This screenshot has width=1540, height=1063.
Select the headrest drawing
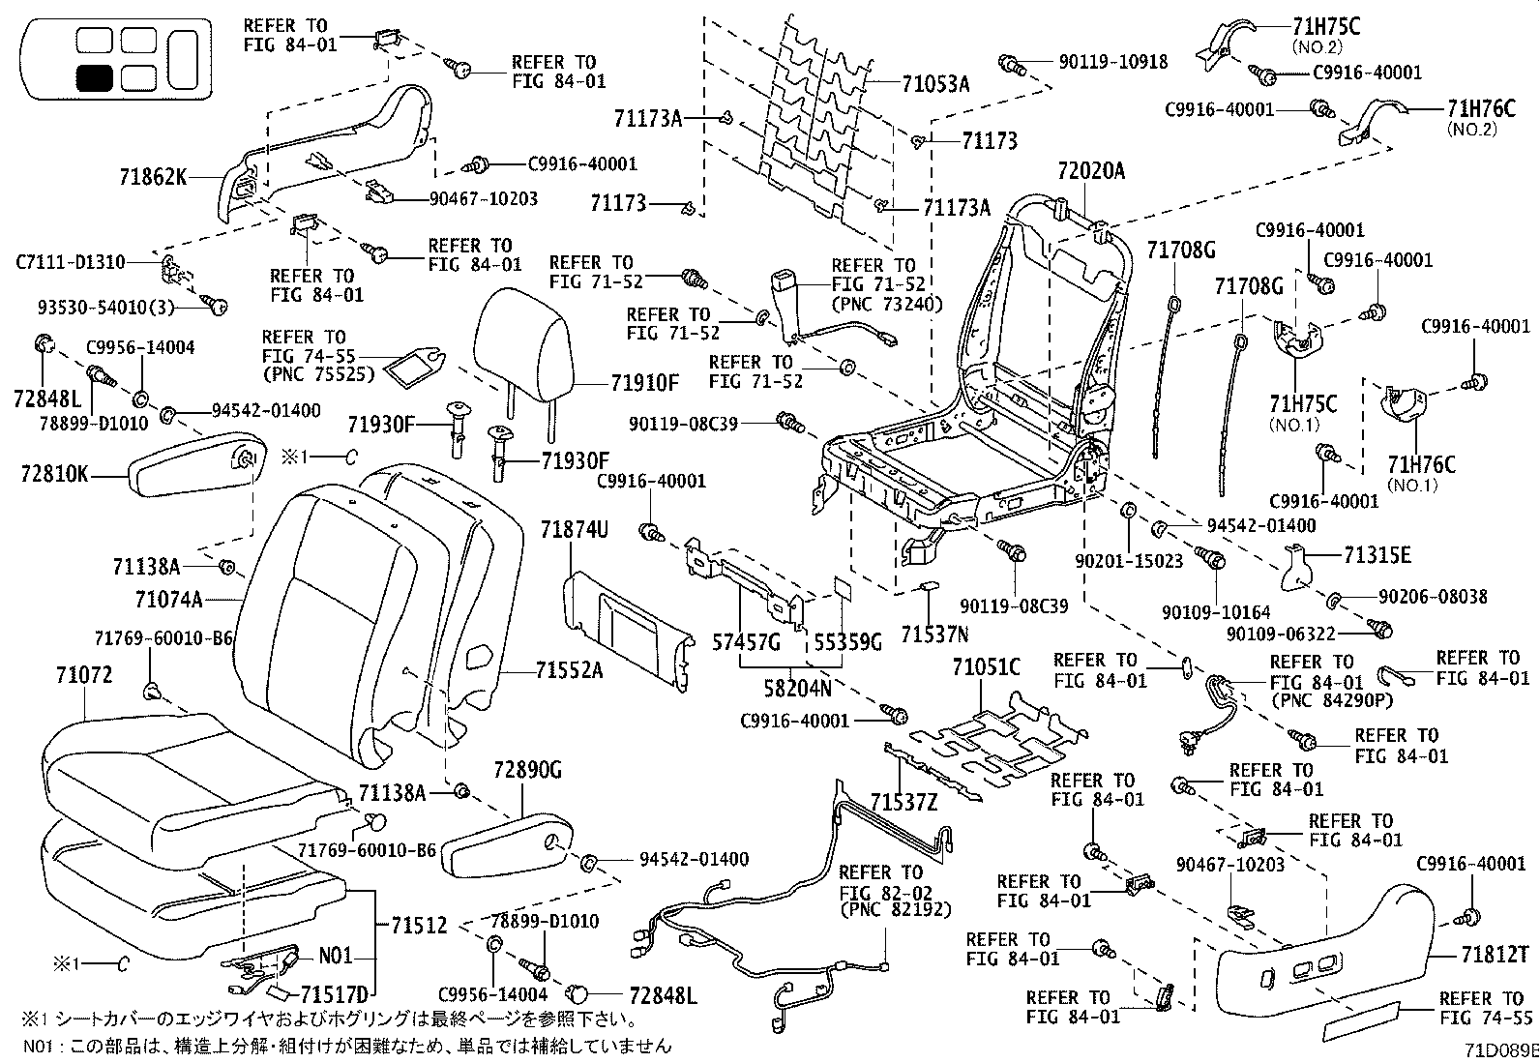(x=524, y=347)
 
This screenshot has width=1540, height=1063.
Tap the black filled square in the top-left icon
(x=94, y=78)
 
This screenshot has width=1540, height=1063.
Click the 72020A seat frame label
(x=1092, y=171)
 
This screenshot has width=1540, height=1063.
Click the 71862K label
(x=153, y=177)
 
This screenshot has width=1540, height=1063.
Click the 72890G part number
(x=527, y=769)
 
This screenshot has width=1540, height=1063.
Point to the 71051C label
(x=985, y=667)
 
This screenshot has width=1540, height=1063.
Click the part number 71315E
(x=1377, y=555)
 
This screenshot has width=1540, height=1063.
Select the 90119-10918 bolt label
(x=1112, y=62)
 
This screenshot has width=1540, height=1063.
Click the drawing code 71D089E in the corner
(x=1499, y=1050)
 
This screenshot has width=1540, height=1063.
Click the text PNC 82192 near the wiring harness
(x=895, y=909)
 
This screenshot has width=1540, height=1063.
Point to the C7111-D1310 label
(x=70, y=262)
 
